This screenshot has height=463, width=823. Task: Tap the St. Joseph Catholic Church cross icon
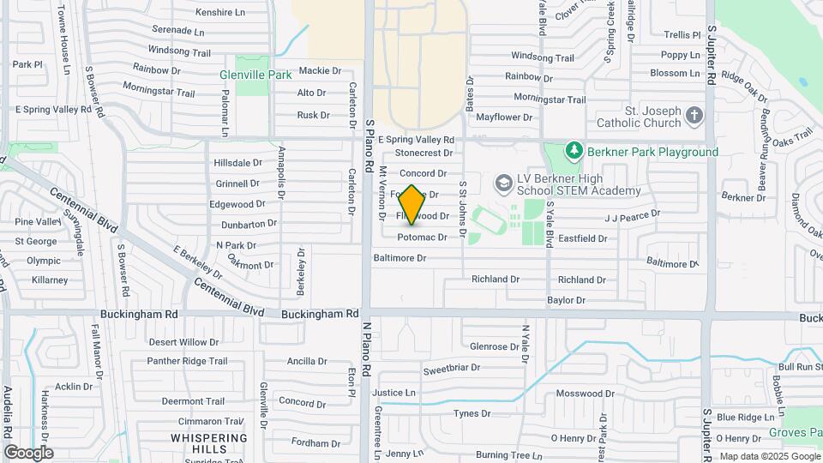click(695, 114)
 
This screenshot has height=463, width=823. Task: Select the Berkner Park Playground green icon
click(574, 152)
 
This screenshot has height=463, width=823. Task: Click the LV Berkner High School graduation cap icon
click(503, 183)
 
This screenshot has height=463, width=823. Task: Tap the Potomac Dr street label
click(422, 237)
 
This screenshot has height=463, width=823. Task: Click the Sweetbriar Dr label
click(451, 369)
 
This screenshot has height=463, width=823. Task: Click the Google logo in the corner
click(28, 452)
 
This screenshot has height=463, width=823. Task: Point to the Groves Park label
click(796, 433)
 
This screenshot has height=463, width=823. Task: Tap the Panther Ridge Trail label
click(187, 362)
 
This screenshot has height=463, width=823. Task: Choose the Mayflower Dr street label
click(504, 117)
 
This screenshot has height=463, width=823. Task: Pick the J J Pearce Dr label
click(633, 214)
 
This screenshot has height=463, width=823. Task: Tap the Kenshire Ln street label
click(220, 13)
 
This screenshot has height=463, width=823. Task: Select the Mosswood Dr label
click(586, 394)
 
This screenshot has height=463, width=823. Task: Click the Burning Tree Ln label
click(509, 454)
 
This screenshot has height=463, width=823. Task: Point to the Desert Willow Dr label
click(184, 342)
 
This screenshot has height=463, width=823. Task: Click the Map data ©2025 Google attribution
click(769, 456)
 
